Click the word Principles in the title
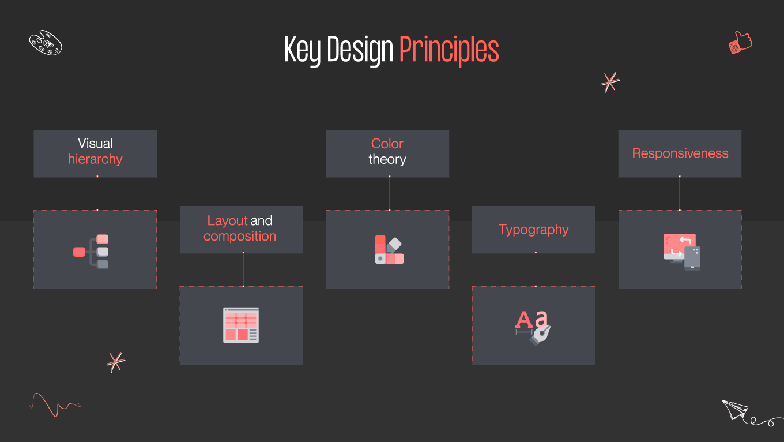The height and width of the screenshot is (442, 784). (x=448, y=50)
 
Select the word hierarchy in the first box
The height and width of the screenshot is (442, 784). (x=95, y=159)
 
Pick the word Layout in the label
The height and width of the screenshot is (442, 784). (x=227, y=220)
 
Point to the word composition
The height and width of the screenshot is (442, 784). (x=240, y=236)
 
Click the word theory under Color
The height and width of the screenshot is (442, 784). (x=387, y=159)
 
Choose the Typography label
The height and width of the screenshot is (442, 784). (x=533, y=230)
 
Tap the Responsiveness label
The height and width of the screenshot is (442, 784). (x=680, y=153)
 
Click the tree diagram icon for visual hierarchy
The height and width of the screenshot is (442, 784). (x=92, y=252)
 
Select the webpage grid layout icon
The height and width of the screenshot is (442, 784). (x=241, y=325)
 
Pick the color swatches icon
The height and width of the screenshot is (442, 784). (x=389, y=249)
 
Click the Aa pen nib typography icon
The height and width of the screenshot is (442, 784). (x=533, y=327)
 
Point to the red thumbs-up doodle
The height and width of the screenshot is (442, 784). (x=740, y=43)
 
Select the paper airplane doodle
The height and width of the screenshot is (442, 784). (x=735, y=410)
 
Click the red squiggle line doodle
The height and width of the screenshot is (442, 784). (x=54, y=404)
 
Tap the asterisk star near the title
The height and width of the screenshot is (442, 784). (x=610, y=82)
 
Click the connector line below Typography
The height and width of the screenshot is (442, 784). (x=536, y=269)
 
